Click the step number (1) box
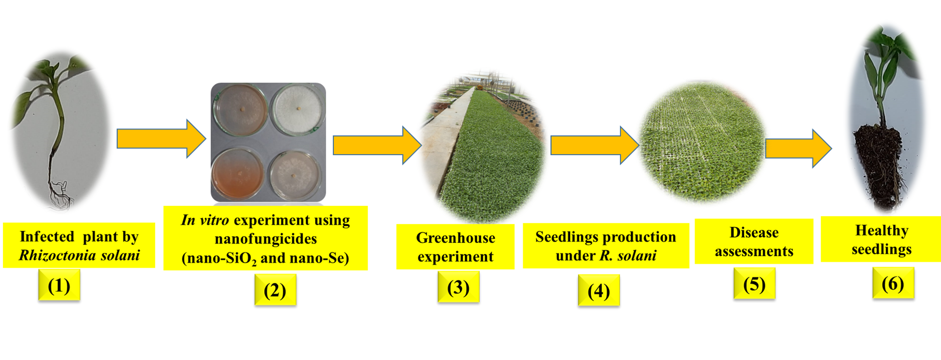pyautogui.click(x=59, y=285)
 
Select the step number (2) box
pyautogui.click(x=275, y=290)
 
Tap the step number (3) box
pyautogui.click(x=458, y=287)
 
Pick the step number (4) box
pyautogui.click(x=599, y=290)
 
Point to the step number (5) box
pyautogui.click(x=754, y=284)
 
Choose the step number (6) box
pyautogui.click(x=893, y=283)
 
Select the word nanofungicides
pyautogui.click(x=266, y=239)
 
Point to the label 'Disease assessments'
pyautogui.click(x=754, y=241)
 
